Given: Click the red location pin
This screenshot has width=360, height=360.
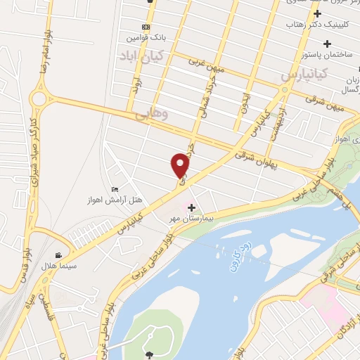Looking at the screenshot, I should pyautogui.click(x=181, y=165).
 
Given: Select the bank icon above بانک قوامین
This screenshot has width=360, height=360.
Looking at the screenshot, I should pyautogui.click(x=146, y=27).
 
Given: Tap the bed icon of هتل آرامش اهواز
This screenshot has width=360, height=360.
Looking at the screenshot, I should pyautogui.click(x=115, y=190).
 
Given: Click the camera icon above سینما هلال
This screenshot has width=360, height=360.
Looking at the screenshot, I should pyautogui.click(x=59, y=255).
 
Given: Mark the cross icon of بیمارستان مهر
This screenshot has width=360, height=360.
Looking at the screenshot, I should pyautogui.click(x=191, y=207).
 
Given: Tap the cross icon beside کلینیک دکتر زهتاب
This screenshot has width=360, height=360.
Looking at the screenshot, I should pyautogui.click(x=318, y=13).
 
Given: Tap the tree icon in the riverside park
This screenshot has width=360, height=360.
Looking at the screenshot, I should pyautogui.click(x=149, y=349).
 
